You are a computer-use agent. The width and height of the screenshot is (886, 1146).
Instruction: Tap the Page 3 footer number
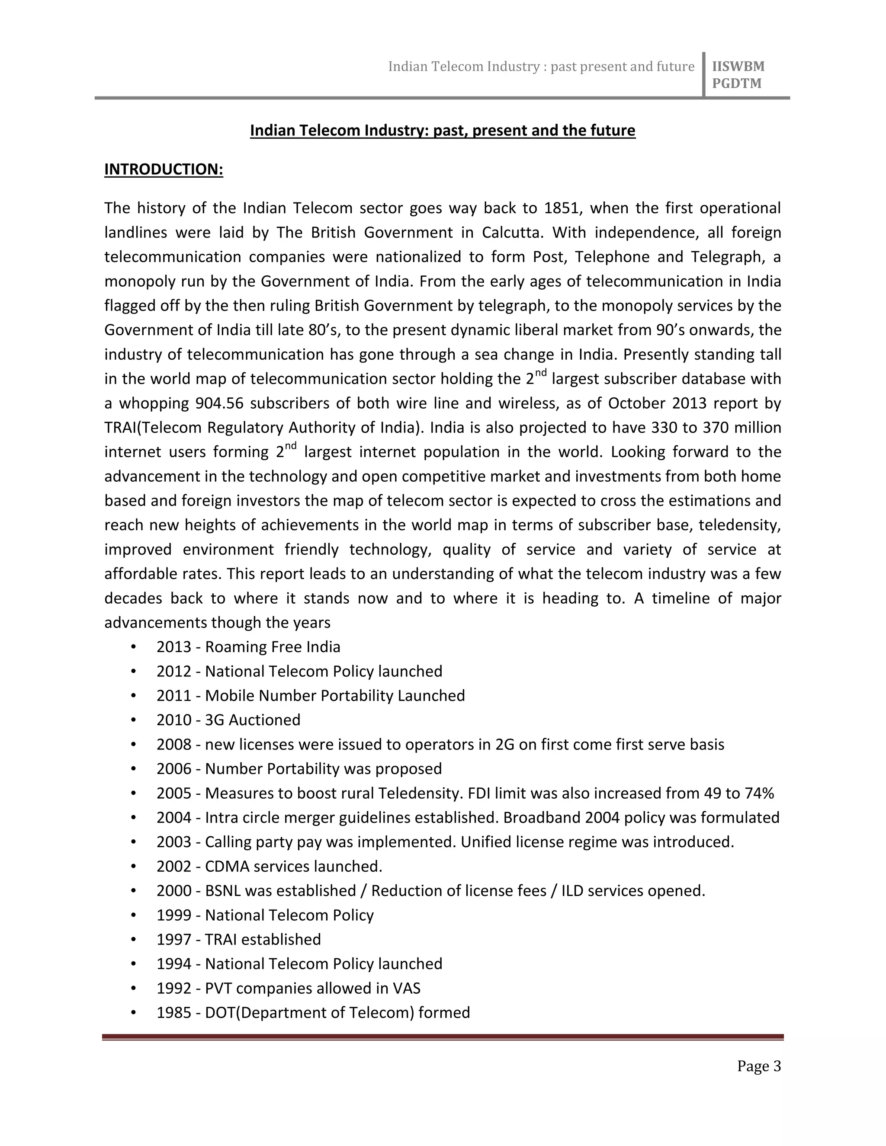click(x=758, y=1066)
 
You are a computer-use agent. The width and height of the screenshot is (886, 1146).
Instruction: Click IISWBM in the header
click(x=738, y=67)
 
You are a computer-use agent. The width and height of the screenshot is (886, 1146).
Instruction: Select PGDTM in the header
click(x=736, y=84)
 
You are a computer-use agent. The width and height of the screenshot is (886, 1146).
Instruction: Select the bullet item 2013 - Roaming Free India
click(x=248, y=647)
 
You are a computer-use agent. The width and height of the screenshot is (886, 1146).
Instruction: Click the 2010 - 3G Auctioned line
click(x=228, y=720)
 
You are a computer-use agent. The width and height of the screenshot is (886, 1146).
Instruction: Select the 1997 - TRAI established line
click(x=238, y=939)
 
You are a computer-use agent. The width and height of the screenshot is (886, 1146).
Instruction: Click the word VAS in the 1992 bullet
click(x=406, y=989)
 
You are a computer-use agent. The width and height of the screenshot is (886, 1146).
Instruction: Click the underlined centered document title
click(x=443, y=131)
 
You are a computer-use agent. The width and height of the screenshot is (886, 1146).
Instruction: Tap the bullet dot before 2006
click(x=134, y=769)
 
